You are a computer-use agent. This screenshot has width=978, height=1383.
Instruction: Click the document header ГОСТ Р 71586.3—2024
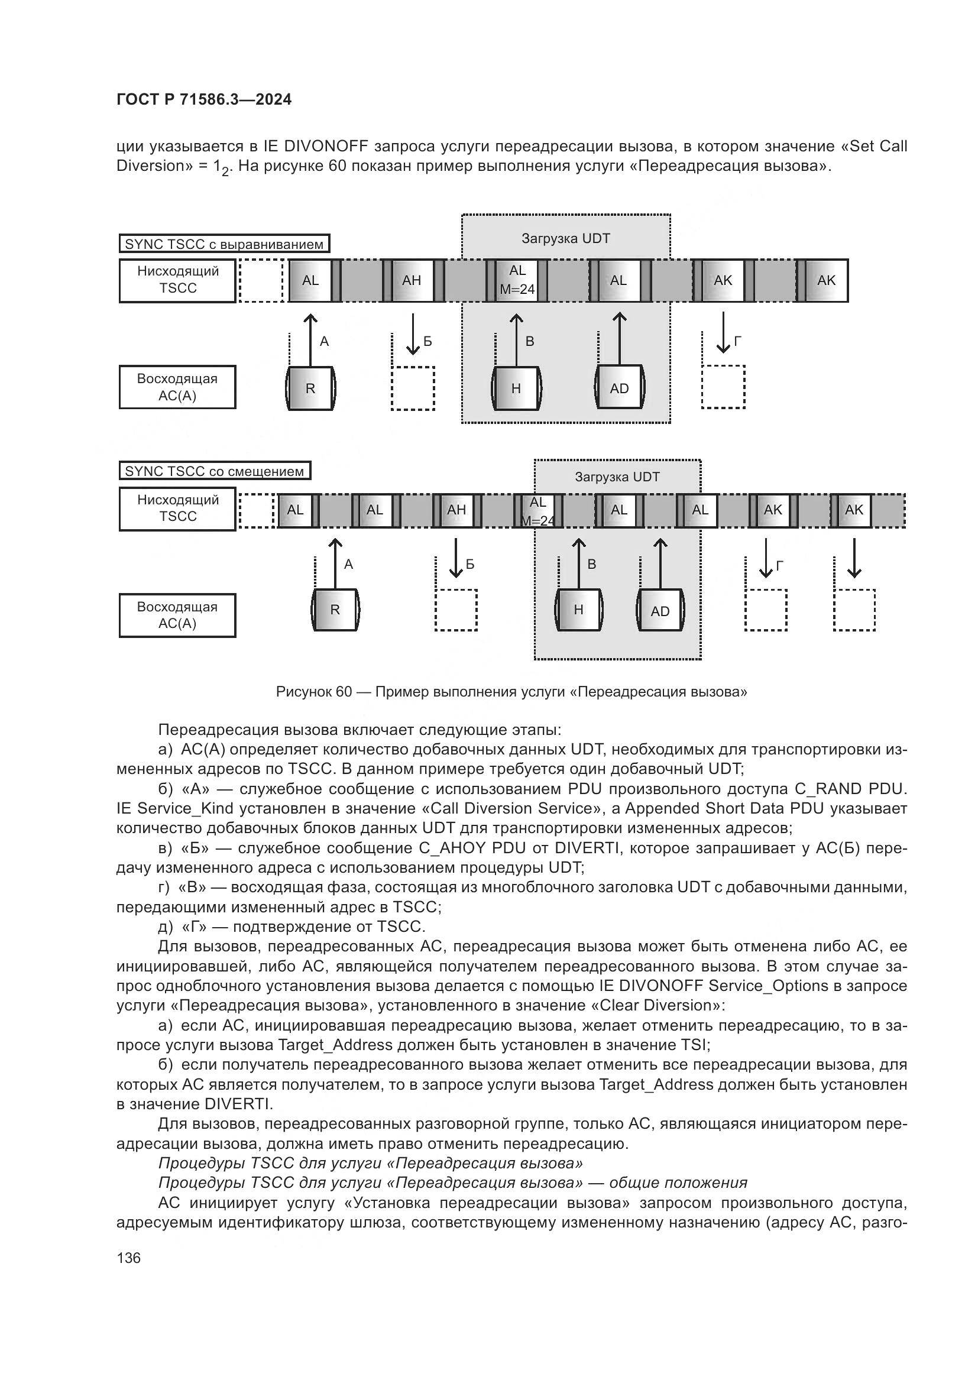point(203,99)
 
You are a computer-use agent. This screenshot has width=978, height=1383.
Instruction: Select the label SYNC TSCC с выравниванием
point(224,244)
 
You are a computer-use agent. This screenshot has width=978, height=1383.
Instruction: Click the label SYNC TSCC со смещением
point(215,471)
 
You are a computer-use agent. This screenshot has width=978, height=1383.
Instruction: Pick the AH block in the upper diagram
point(412,280)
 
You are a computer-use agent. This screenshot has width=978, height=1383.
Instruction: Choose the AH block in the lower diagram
point(456,510)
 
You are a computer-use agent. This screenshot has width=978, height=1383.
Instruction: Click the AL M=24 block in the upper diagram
point(517,280)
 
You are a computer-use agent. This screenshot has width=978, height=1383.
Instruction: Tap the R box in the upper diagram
point(310,388)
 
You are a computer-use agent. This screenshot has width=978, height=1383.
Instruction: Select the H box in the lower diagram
point(578,610)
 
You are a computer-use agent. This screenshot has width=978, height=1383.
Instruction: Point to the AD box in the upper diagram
point(619,388)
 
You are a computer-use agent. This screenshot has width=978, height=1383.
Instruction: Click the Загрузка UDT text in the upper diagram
point(565,238)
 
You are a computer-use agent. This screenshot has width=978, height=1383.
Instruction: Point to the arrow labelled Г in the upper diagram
point(723,333)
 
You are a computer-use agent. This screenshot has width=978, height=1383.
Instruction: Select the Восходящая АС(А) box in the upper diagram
point(177,387)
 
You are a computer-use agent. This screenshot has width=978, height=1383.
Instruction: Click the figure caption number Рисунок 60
point(313,692)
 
